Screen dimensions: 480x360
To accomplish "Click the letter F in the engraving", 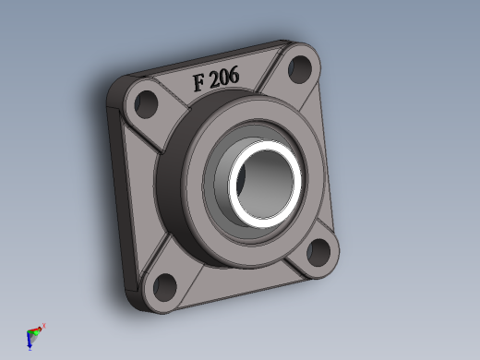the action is point(198,82).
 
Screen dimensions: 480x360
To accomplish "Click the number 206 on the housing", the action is point(225,77).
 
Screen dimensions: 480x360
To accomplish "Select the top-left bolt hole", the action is point(146,104).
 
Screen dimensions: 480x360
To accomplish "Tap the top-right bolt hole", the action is point(299,69).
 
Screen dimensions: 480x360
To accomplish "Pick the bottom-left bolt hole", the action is point(164,287).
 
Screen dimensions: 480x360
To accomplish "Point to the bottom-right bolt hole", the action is point(318,253).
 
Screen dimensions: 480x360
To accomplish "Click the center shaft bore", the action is point(264,185).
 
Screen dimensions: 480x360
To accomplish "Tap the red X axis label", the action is point(44,326).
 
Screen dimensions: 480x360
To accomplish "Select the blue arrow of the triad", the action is point(30,342).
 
